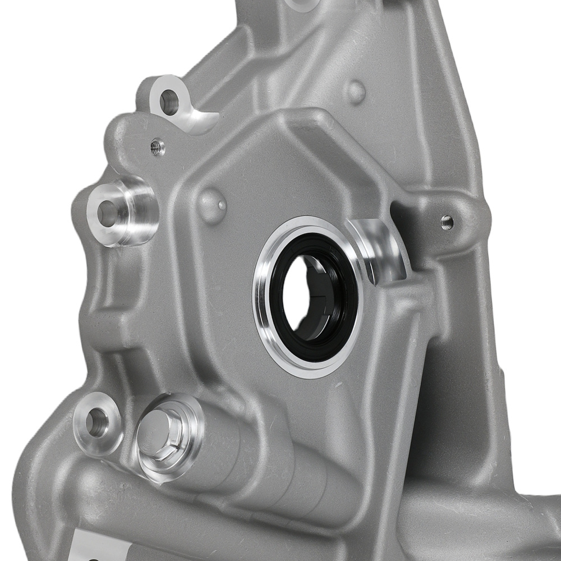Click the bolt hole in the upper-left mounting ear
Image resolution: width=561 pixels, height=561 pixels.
tap(168, 102)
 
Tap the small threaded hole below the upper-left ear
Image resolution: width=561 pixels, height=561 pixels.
tap(158, 148)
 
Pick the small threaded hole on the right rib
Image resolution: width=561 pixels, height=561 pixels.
tap(447, 222)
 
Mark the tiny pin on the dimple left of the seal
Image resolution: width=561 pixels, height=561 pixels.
tap(222, 205)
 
